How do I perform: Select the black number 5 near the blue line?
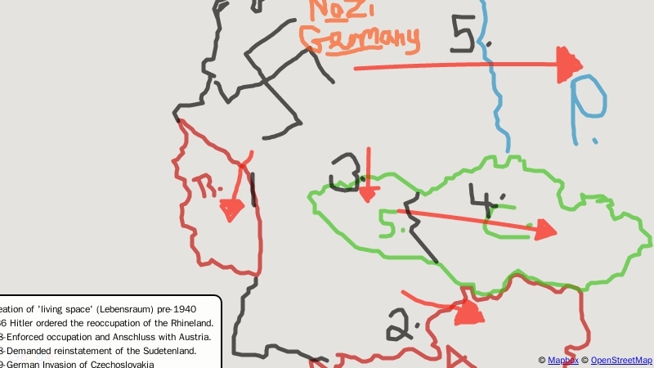pyautogui.click(x=468, y=33)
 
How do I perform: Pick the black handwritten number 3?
pyautogui.click(x=347, y=170)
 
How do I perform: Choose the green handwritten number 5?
pyautogui.click(x=391, y=222)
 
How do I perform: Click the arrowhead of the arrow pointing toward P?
pyautogui.click(x=569, y=65)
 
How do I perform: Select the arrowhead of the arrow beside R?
pyautogui.click(x=231, y=210)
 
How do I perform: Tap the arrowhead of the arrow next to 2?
pyautogui.click(x=468, y=312)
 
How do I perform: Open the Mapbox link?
pyautogui.click(x=562, y=360)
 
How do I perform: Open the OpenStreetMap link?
pyautogui.click(x=621, y=360)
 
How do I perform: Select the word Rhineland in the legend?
pyautogui.click(x=186, y=323)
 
